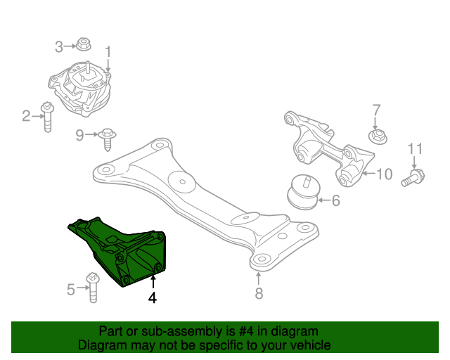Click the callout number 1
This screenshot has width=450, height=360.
[108, 52]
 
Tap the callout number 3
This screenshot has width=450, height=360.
[60, 47]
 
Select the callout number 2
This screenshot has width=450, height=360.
[27, 116]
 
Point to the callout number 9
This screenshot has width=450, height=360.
[79, 134]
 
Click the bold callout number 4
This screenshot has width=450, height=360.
[153, 297]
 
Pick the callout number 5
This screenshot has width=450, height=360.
[70, 289]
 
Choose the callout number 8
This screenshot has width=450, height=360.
[259, 293]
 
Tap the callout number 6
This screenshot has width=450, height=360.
[335, 201]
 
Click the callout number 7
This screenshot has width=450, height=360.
[376, 110]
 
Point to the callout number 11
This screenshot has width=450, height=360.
[415, 149]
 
